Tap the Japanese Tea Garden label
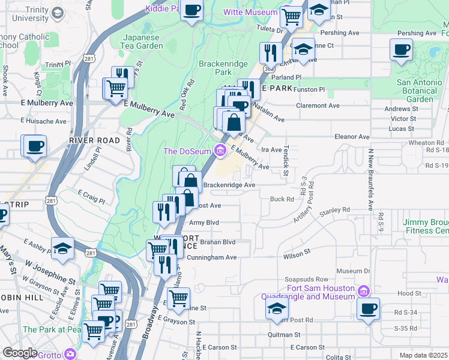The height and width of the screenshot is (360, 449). pos(143,41)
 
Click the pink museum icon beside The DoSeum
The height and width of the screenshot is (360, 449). pos(220,149)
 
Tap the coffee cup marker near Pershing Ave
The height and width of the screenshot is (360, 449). pos(400,50)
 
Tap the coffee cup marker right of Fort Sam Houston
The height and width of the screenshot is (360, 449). pos(368,310)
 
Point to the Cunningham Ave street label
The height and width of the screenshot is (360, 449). pos(212,257)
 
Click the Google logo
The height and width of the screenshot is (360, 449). pos(20,353)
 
